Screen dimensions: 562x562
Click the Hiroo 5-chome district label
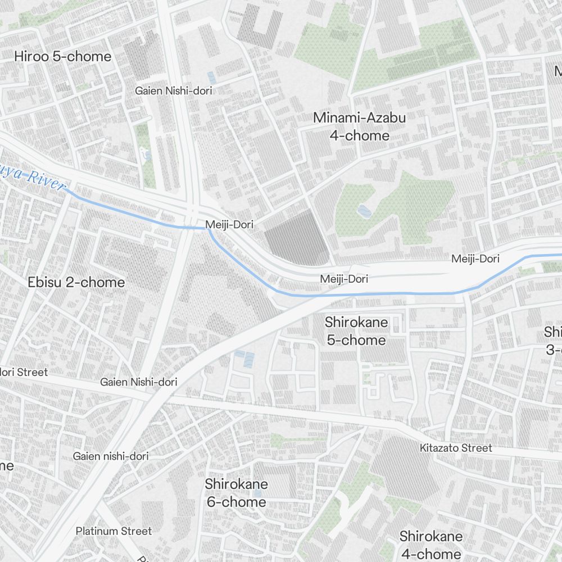tap(63, 57)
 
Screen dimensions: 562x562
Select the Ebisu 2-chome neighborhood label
tap(76, 282)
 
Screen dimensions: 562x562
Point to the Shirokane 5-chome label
tap(356, 330)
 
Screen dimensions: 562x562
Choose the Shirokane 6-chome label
tap(236, 492)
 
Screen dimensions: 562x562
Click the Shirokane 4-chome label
tap(431, 544)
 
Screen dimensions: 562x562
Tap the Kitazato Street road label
tap(456, 448)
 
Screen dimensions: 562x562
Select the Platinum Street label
tap(114, 531)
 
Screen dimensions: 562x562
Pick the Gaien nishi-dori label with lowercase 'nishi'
tap(111, 456)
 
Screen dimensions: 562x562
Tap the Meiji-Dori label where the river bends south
tap(229, 224)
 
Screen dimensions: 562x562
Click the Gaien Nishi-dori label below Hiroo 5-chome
tap(174, 90)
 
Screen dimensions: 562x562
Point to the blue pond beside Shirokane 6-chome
tap(257, 493)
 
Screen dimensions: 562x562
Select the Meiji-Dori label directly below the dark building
tap(344, 279)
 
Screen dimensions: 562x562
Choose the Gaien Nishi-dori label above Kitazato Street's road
tap(139, 382)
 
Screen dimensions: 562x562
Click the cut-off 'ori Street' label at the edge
tap(24, 372)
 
